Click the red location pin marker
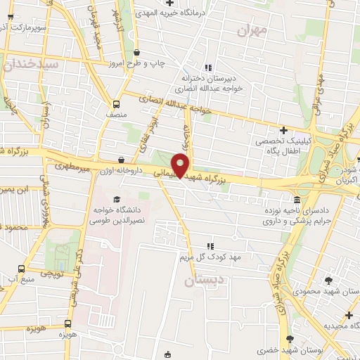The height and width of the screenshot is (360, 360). pyautogui.click(x=181, y=164)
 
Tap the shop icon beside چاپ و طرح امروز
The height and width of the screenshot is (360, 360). pyautogui.click(x=136, y=53)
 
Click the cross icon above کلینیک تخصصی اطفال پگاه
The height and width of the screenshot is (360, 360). pyautogui.click(x=283, y=130)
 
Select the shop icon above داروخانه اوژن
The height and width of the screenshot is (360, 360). pyautogui.click(x=122, y=161)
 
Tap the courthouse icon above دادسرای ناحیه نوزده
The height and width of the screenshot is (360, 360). pyautogui.click(x=297, y=200)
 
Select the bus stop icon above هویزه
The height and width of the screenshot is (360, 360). pyautogui.click(x=67, y=324)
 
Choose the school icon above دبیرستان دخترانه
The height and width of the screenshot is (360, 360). pyautogui.click(x=207, y=67)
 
